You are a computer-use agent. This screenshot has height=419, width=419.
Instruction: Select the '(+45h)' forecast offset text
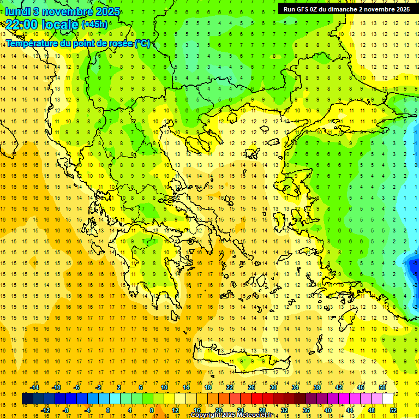(94, 25)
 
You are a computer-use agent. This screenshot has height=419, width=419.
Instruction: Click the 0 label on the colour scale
(107, 410)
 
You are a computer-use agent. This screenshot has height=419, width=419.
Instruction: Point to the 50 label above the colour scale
(382, 387)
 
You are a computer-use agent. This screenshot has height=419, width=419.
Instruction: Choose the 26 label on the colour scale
(252, 387)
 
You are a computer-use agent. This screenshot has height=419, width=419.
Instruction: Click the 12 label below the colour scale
(175, 410)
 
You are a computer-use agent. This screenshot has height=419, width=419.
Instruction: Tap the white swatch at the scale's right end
(387, 399)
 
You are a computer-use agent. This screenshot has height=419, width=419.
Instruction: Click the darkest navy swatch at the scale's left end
(28, 399)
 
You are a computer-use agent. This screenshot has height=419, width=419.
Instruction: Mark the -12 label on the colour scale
(45, 410)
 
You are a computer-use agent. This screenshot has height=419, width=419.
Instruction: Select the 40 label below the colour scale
(328, 410)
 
